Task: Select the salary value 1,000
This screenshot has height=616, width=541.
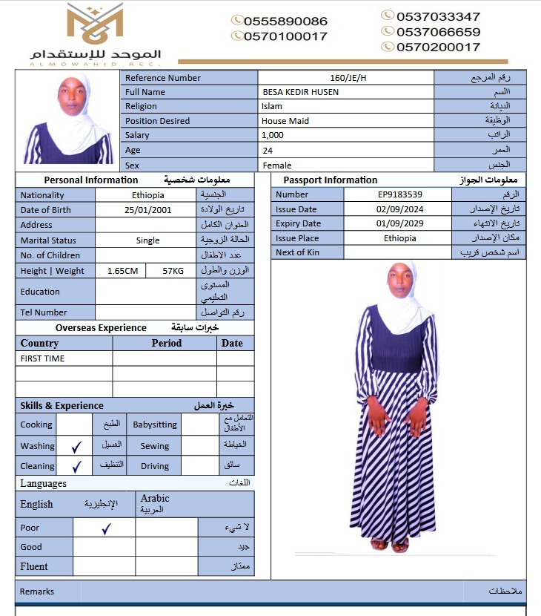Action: coord(273,135)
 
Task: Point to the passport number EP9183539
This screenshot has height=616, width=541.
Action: coord(399,194)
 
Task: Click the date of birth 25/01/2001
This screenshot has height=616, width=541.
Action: coord(147,210)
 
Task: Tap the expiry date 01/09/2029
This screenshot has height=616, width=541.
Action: coord(399,223)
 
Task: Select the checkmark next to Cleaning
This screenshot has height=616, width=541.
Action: coord(76,467)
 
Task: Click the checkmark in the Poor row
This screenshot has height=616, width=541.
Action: coord(106,528)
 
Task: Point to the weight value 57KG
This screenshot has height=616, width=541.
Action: coord(173,271)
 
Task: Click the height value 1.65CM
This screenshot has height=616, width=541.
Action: coord(122,271)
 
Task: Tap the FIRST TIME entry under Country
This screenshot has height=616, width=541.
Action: coord(42,358)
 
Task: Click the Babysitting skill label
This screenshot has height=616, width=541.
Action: coord(155,425)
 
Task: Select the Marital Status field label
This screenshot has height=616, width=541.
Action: coord(49,240)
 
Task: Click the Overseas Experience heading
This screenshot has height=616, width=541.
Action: coord(101,328)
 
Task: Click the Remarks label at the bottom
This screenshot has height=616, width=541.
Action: coord(37,592)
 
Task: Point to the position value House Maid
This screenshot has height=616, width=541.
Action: coord(285,121)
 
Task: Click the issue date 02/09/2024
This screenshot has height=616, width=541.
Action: coord(399,209)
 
